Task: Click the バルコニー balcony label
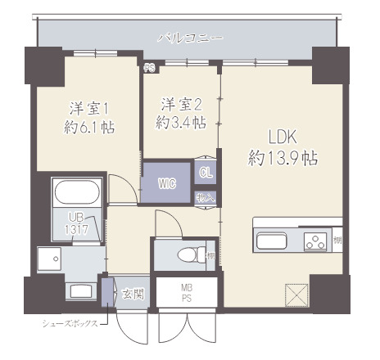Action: tap(191, 38)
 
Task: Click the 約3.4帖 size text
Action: tap(181, 123)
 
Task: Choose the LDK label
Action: tap(283, 137)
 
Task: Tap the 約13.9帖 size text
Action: tap(283, 159)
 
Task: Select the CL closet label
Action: tap(205, 173)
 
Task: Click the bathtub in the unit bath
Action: tap(77, 194)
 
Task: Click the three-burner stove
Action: tap(314, 241)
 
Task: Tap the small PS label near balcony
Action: tap(149, 69)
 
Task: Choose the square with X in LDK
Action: tap(296, 293)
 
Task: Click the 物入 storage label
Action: tap(205, 197)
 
